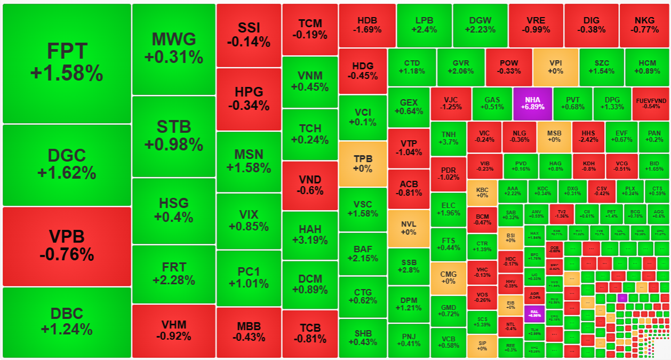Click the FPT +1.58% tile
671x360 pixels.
[67, 63]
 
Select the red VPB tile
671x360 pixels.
[67, 246]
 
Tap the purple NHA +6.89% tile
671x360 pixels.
[532, 103]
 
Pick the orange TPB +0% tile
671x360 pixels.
[363, 163]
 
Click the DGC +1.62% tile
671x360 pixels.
[67, 164]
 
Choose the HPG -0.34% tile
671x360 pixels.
[249, 99]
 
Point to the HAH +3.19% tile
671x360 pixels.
[310, 234]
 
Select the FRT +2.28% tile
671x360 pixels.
[173, 273]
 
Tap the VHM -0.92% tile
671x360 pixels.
[173, 331]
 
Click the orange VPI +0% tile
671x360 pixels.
[555, 67]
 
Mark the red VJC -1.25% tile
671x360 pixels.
[451, 103]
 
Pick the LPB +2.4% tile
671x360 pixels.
[425, 25]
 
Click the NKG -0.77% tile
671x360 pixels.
[644, 25]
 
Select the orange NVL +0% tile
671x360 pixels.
[408, 228]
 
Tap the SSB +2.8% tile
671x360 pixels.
[408, 266]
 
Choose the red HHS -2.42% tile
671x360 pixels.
[588, 137]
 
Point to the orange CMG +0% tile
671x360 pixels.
[448, 277]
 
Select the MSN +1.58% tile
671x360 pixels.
[249, 161]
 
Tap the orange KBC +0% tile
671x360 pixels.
[482, 193]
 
